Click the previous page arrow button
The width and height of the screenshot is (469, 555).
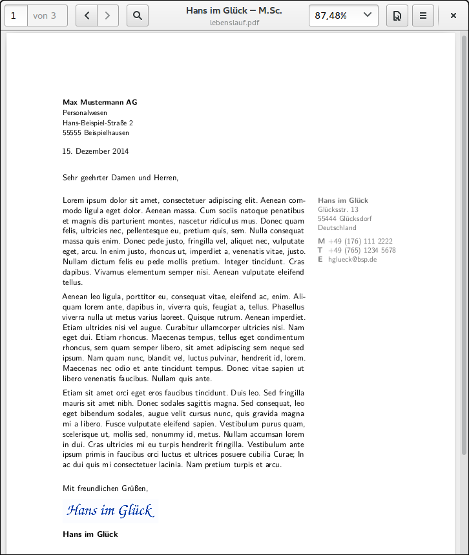coord(87,16)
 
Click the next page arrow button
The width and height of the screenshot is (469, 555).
coord(108,16)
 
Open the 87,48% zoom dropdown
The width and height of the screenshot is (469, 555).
coord(343,16)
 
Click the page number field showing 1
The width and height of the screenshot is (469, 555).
coord(16,16)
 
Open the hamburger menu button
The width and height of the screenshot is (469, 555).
coord(422,16)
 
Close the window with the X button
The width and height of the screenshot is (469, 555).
coord(453,16)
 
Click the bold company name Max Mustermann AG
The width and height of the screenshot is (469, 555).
coord(99,102)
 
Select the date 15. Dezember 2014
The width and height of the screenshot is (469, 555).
coord(96,151)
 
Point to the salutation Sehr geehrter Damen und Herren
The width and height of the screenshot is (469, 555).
coord(120,177)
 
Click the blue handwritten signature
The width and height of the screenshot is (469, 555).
coord(110,511)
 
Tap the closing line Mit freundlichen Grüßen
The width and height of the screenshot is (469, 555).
coord(105,488)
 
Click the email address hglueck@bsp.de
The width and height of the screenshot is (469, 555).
coord(352,259)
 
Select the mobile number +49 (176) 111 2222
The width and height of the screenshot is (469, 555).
coord(360,241)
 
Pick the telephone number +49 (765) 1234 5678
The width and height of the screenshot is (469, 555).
coord(362,250)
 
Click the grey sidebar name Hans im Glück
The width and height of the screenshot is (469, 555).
coord(343,200)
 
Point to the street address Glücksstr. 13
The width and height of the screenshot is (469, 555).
coord(338,209)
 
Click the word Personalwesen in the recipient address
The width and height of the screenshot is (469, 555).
coord(85,112)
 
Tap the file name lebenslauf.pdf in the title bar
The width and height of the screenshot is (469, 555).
coord(234,22)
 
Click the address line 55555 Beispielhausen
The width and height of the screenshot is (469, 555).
coord(96,132)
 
